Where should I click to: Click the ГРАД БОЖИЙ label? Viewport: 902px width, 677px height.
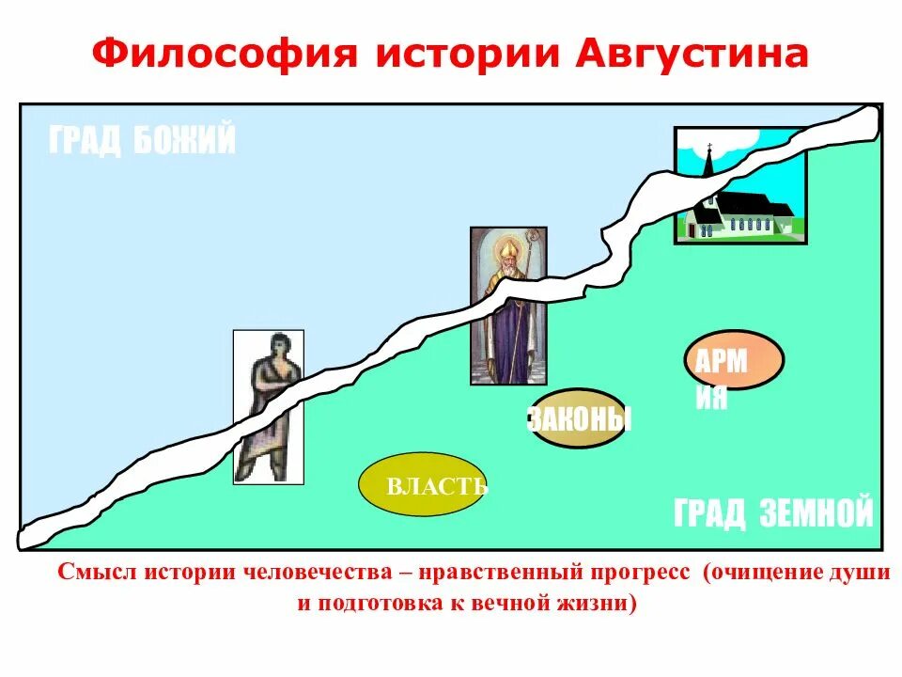click(x=142, y=141)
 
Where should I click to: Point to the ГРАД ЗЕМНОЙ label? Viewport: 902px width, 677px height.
click(x=773, y=513)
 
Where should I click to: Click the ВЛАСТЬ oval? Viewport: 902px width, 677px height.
click(x=423, y=485)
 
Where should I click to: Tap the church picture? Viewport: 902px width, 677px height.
click(x=740, y=186)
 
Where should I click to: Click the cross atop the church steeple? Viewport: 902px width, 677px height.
click(x=709, y=146)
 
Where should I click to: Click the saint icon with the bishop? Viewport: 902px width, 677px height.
click(x=507, y=306)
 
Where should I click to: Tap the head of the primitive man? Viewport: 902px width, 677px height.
click(x=278, y=344)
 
